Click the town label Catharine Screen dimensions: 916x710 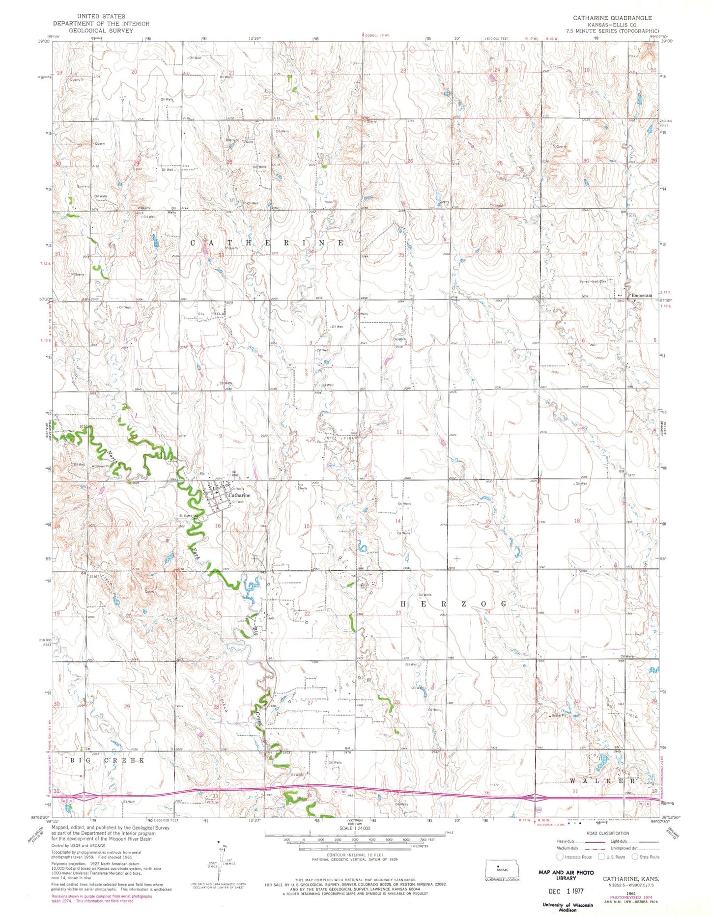click(x=240, y=495)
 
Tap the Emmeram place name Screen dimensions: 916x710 click(x=641, y=295)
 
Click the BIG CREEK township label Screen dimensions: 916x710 click(x=107, y=760)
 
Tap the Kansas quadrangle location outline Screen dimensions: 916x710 click(x=502, y=868)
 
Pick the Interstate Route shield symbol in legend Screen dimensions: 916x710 click(x=560, y=857)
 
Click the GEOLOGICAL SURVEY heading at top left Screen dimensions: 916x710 click(x=101, y=30)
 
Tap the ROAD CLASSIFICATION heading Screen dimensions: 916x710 click(x=607, y=833)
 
